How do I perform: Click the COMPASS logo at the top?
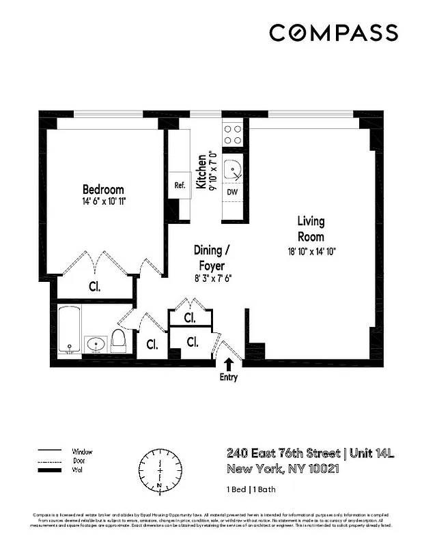coord(333,32)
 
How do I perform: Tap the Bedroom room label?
coord(103,189)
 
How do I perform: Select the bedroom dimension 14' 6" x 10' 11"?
coord(103,202)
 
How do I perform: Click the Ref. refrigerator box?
coord(180,185)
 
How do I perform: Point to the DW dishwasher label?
coord(231,192)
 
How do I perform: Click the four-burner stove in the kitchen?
coord(233,133)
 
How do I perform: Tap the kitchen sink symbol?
coord(234,166)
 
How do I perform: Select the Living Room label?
coord(310,229)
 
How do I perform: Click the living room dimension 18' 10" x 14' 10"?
coord(311,251)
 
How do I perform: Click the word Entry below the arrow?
coord(229,377)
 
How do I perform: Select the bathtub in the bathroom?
coord(70,329)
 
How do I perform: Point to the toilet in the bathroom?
coord(119,339)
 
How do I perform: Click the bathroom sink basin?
coord(94,343)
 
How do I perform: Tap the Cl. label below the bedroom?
coord(94,287)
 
